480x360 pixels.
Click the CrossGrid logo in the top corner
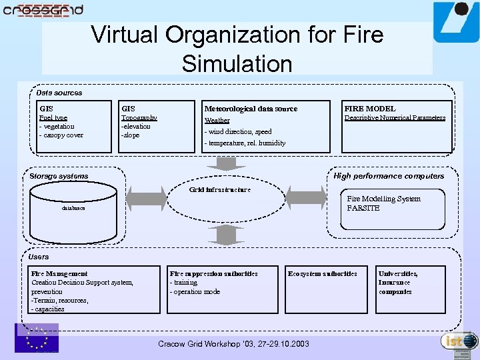[x=43, y=10]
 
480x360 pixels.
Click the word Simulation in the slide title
[x=237, y=64]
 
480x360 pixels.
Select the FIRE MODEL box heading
[x=369, y=108]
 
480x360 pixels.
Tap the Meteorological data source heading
[x=251, y=108]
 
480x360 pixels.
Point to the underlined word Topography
[x=139, y=117]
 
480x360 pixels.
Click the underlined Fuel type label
[x=53, y=117]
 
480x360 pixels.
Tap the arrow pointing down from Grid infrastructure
[x=227, y=235]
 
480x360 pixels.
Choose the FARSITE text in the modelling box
[x=363, y=208]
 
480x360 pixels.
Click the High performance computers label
[x=389, y=176]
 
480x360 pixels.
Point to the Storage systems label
[x=59, y=176]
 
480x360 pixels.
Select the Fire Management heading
[x=59, y=273]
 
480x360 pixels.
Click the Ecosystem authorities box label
[x=322, y=273]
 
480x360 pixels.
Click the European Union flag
[x=37, y=338]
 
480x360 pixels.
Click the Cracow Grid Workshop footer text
[x=233, y=344]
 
